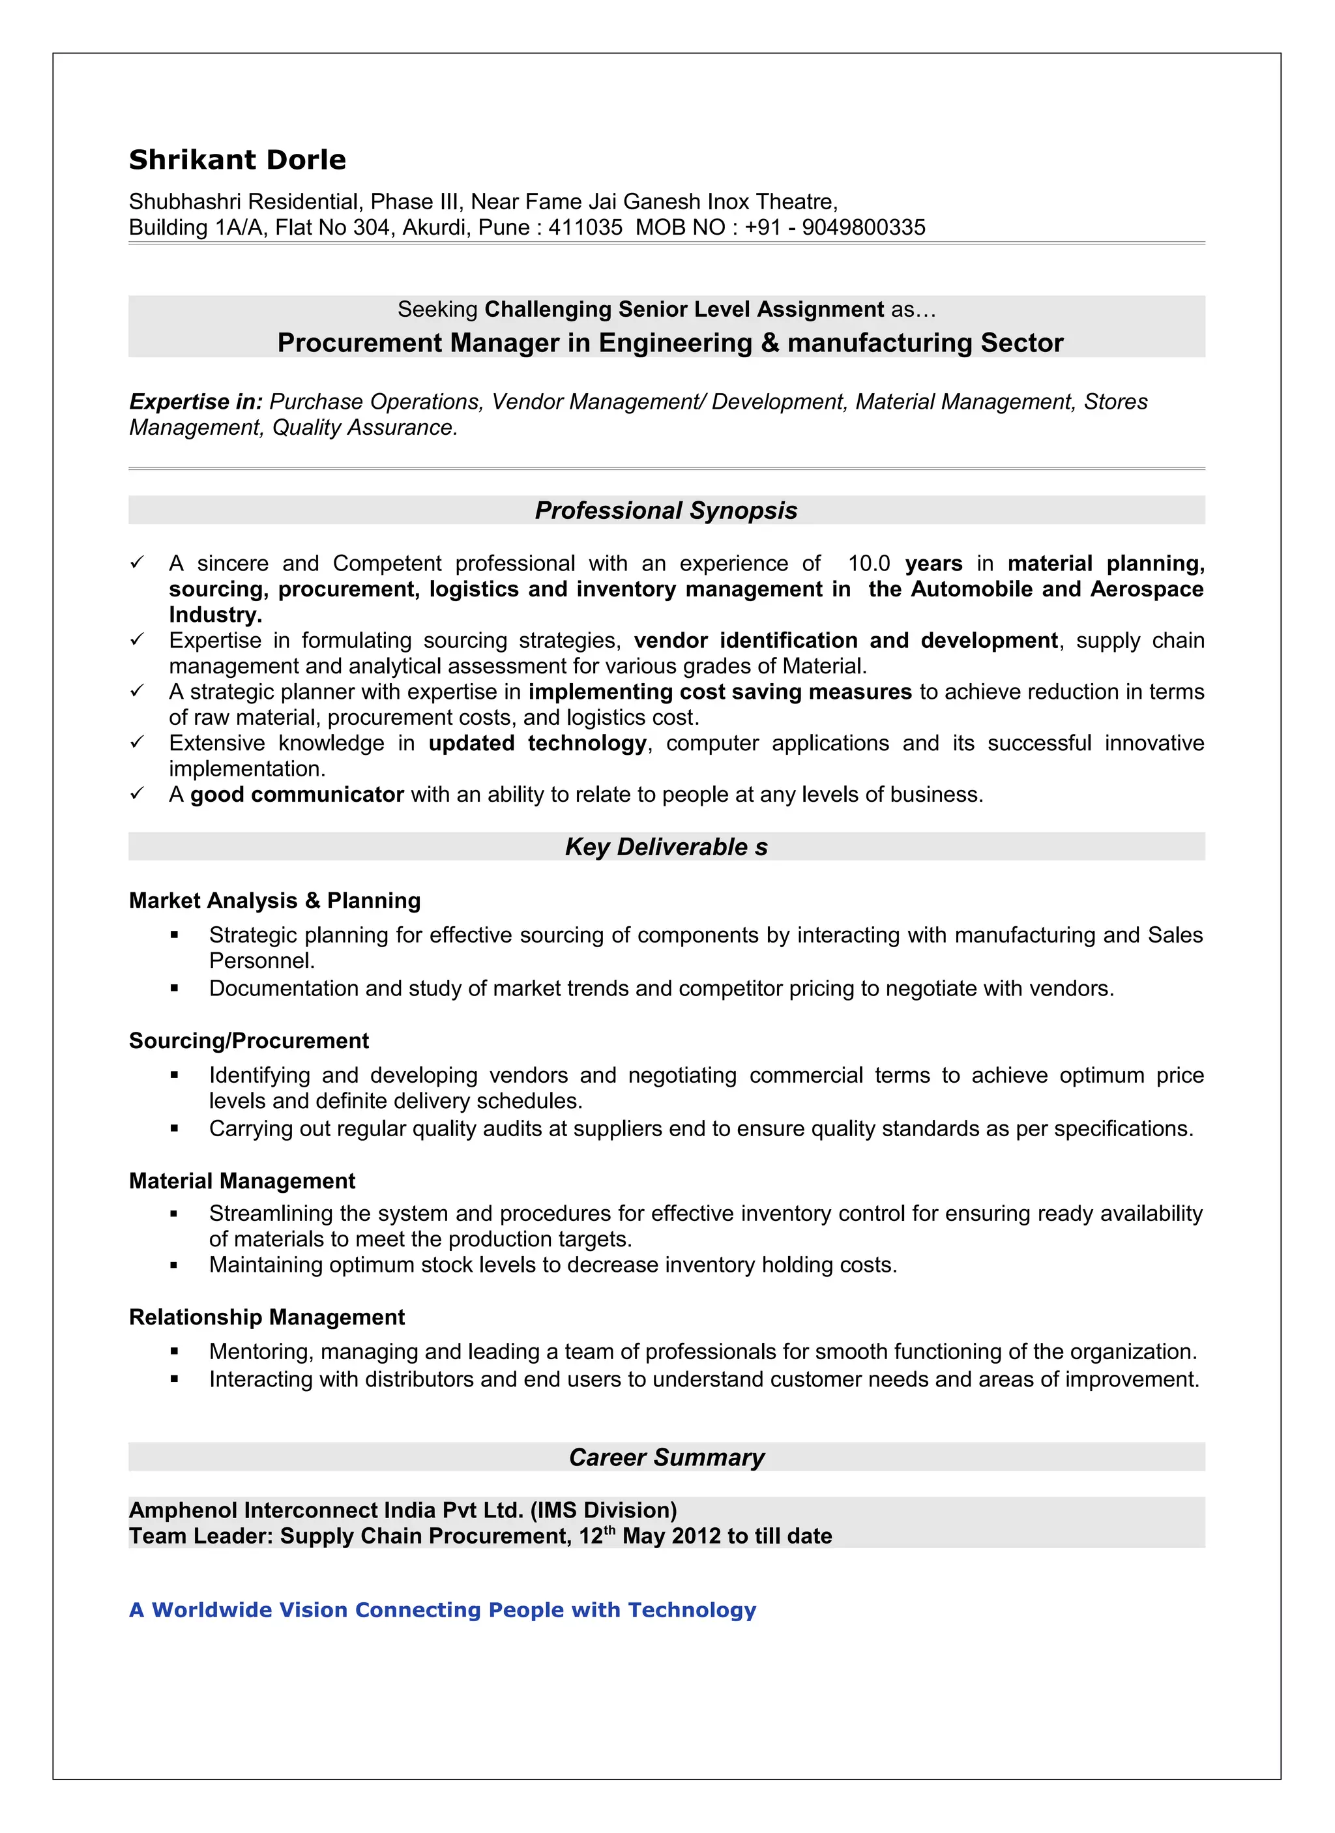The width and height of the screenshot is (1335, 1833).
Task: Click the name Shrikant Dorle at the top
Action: pos(237,160)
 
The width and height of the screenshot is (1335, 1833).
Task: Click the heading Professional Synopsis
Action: pos(666,511)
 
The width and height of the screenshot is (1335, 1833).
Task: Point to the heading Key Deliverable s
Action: pos(666,847)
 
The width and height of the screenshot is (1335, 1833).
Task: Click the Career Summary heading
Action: pos(666,1457)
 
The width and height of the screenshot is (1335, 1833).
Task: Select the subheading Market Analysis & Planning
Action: pos(275,900)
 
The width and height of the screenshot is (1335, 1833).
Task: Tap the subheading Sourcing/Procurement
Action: pos(249,1041)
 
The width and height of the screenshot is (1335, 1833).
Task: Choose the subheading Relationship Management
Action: pos(267,1317)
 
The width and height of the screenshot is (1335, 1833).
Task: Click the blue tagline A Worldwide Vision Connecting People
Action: pos(442,1610)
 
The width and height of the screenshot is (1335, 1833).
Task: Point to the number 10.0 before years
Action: pos(869,563)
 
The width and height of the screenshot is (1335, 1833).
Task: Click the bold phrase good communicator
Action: pos(297,795)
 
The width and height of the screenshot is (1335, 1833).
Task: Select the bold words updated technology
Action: pos(537,744)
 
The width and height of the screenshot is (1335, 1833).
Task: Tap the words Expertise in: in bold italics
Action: pos(196,402)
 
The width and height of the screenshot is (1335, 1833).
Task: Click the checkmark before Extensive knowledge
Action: pos(138,742)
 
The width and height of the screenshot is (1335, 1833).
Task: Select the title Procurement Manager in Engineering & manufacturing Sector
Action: pos(670,343)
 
